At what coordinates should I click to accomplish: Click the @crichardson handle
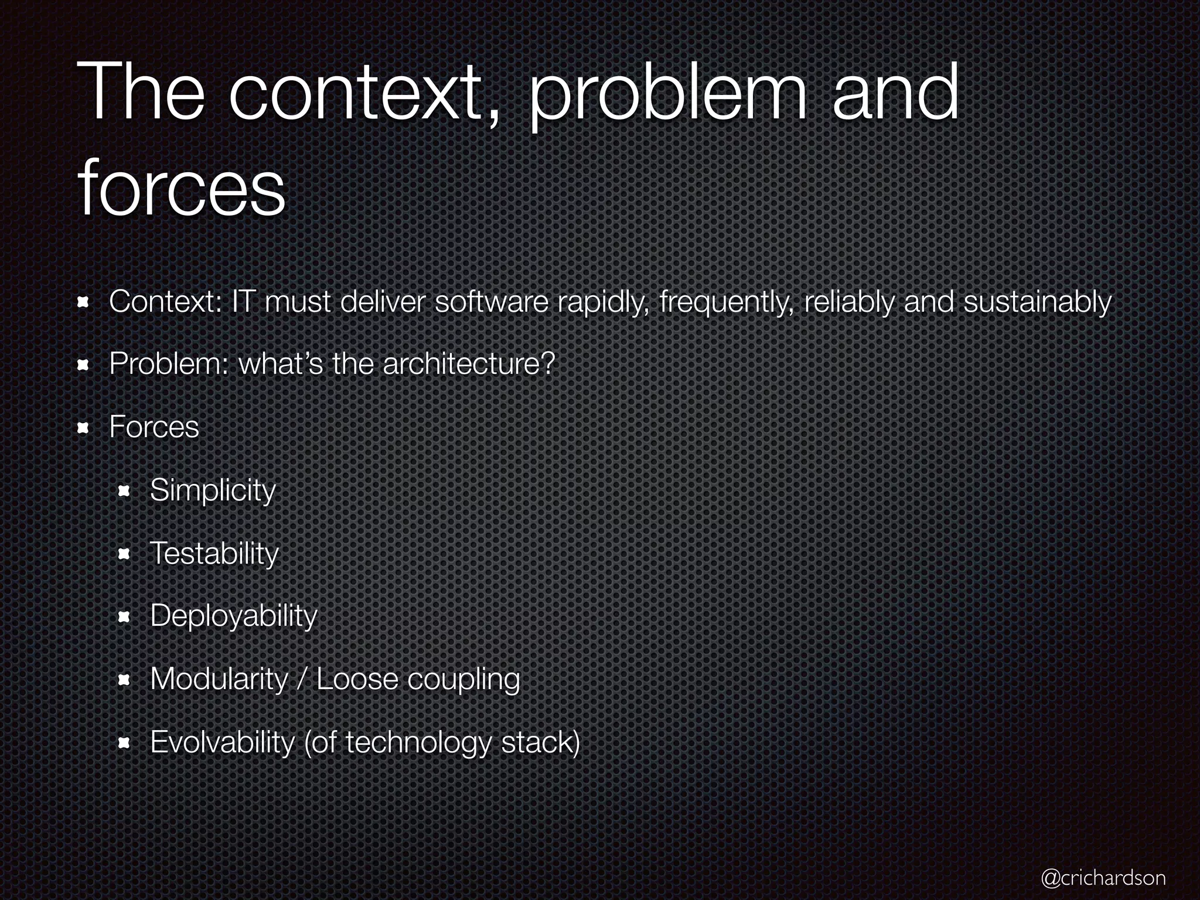pos(1103,877)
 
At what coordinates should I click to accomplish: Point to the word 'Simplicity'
pos(213,490)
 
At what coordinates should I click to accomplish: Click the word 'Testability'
pos(214,553)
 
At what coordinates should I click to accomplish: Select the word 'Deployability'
pos(233,616)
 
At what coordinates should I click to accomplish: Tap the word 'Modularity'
pos(219,679)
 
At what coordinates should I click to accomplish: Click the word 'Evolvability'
pos(222,742)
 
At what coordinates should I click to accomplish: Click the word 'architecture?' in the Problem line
pos(468,364)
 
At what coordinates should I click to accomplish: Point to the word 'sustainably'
pos(1037,302)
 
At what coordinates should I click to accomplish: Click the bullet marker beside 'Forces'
pos(83,428)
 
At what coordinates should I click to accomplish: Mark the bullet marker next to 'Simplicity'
pos(124,491)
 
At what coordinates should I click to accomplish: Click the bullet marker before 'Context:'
pos(83,302)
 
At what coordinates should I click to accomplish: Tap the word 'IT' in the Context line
pos(243,302)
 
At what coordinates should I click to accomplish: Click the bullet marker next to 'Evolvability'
pos(124,743)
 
